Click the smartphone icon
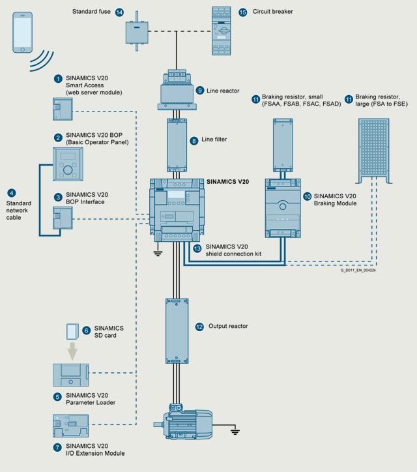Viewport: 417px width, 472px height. pos(22,33)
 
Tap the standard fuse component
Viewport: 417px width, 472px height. pos(137,31)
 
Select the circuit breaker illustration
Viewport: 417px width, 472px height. pos(221,31)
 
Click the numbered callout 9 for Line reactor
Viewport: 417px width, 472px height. pos(200,91)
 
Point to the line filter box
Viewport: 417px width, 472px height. pos(177,145)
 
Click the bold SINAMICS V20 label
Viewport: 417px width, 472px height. pos(227,181)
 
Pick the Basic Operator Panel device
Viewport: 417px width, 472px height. pos(68,164)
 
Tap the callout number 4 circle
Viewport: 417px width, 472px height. pos(12,193)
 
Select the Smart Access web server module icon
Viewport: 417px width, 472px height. pos(63,109)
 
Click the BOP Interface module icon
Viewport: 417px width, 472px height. pos(63,218)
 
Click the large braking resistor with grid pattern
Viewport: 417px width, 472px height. pos(374,151)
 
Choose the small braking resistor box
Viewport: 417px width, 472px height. pos(283,145)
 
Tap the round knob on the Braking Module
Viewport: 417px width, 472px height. pos(283,207)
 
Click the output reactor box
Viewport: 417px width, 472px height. pos(177,331)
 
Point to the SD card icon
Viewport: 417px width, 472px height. pos(72,331)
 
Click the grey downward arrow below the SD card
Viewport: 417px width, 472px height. pos(72,351)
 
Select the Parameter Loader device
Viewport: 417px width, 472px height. pos(71,375)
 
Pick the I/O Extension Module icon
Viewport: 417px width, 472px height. pos(71,426)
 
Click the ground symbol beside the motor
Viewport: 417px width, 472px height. pos(235,432)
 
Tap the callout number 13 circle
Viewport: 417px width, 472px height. pos(197,248)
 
